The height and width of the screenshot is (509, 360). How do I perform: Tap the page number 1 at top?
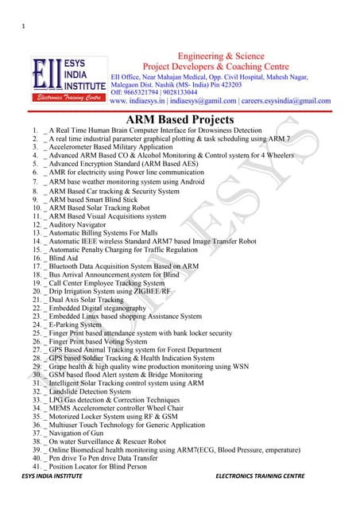(x=24, y=29)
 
